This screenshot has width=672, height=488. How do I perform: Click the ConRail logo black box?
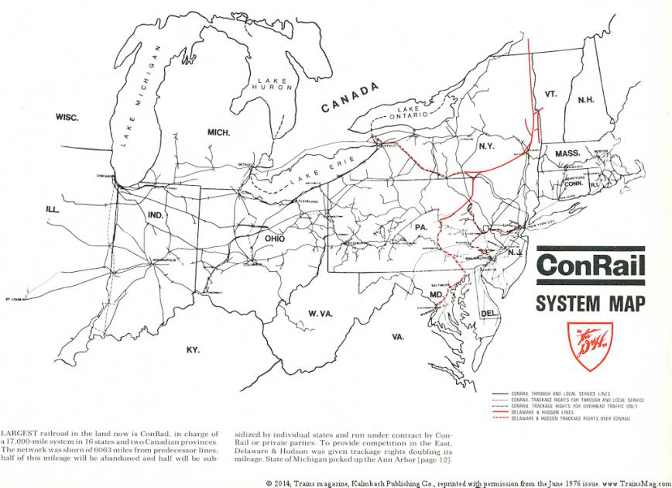[x=589, y=265]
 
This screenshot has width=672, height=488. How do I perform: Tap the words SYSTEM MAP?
[x=589, y=301]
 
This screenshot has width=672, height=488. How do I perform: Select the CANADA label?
[x=349, y=98]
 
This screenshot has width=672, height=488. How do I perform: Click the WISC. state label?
[x=68, y=117]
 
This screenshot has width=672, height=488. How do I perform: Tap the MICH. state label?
[x=219, y=132]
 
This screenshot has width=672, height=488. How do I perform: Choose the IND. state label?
[x=156, y=215]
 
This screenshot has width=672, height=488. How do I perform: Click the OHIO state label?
[x=275, y=239]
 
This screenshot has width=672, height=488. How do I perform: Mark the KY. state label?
[x=193, y=349]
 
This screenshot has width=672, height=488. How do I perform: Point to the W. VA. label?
[x=321, y=314]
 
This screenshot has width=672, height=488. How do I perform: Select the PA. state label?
[x=421, y=226]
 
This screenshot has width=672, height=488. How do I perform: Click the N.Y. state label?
[x=487, y=146]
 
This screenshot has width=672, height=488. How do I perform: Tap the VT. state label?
[x=550, y=94]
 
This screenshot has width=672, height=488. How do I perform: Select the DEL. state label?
[x=489, y=313]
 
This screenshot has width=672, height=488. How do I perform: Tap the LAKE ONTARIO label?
[x=408, y=114]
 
